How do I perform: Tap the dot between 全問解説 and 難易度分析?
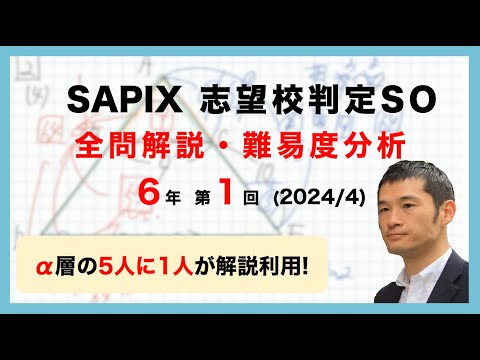[228, 146]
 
